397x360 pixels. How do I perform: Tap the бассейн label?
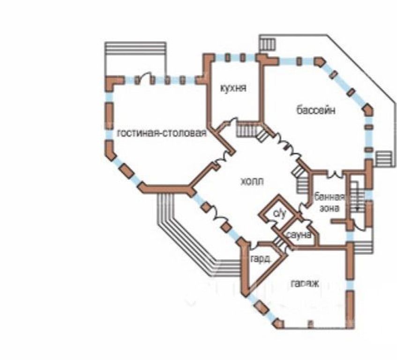[x=315, y=111]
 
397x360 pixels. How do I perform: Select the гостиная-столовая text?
[x=162, y=133]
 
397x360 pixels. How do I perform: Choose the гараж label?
[x=304, y=284]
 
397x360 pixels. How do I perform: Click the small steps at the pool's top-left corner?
[x=268, y=45]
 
